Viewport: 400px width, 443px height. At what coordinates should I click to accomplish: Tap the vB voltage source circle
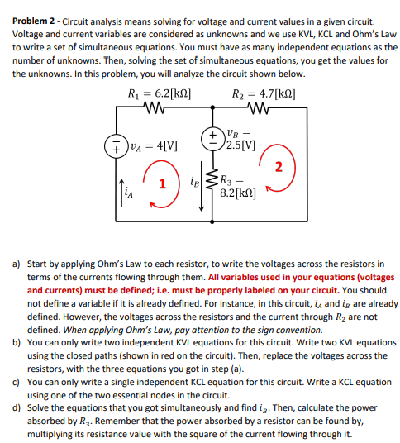click(x=212, y=135)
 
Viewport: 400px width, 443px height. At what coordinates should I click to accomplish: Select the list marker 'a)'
click(x=17, y=264)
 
